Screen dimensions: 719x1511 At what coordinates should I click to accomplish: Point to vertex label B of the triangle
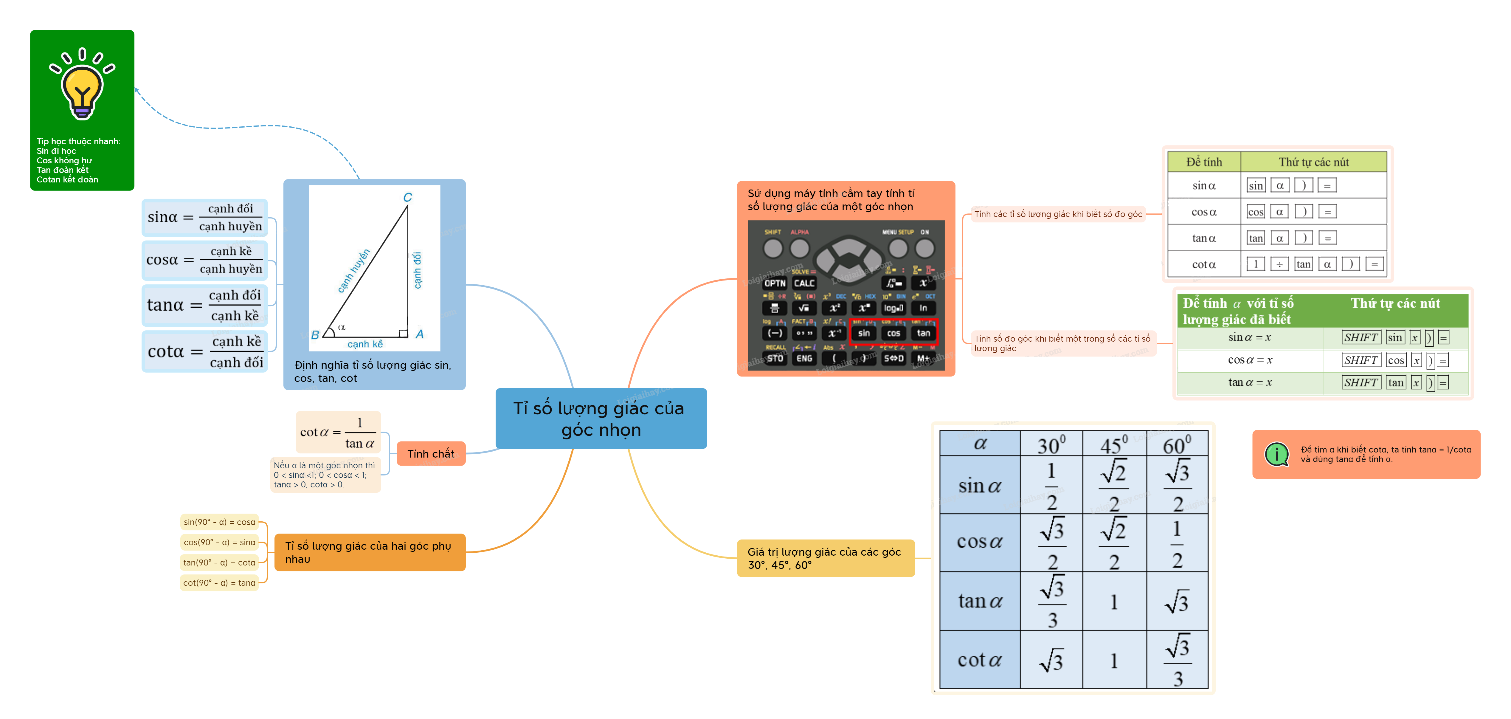315,335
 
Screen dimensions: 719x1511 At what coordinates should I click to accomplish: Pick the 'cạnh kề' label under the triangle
365,344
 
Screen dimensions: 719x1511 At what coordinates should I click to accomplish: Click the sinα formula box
204,218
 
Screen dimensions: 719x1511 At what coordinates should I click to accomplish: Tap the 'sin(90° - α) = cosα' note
219,522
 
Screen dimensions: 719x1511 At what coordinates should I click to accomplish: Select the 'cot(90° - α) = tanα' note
219,583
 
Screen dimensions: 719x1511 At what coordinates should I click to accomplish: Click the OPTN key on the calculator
774,283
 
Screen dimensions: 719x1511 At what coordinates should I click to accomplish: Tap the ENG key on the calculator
804,358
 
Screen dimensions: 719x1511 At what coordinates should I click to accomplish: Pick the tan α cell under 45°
1113,602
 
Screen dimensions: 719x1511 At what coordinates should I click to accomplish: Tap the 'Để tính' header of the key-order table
1204,162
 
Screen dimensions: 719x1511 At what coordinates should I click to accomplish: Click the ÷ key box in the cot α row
1279,264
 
